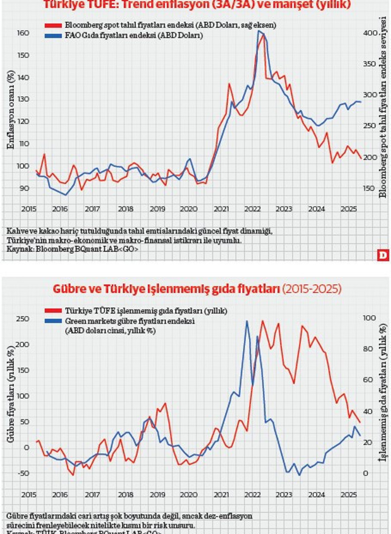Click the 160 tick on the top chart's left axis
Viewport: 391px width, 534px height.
[24, 33]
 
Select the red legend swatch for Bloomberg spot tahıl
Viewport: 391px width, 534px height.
[52, 25]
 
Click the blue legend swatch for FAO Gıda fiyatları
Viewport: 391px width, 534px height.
[52, 35]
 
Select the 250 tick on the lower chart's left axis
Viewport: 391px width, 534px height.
[24, 319]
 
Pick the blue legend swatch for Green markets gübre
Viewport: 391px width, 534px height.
[52, 321]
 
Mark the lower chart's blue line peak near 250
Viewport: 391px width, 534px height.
[247, 321]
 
